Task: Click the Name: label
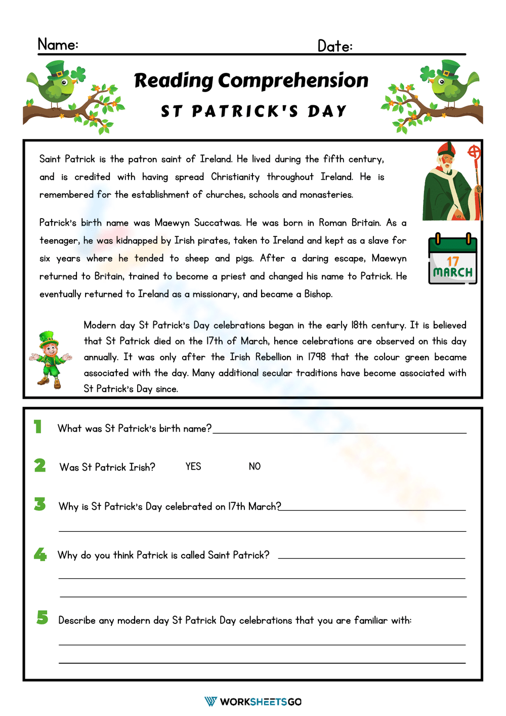coord(58,45)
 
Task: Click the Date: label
coord(334,46)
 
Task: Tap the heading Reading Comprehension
coord(251,80)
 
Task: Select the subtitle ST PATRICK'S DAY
coord(254,111)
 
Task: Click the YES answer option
coord(193,467)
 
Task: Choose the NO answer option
coord(255,467)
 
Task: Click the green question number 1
coord(38,427)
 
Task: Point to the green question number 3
coord(40,504)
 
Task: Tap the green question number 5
coord(42,617)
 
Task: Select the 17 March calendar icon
coord(452,259)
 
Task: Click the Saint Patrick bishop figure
coord(452,182)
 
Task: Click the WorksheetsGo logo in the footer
coord(253,701)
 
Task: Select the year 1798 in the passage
coord(317,357)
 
